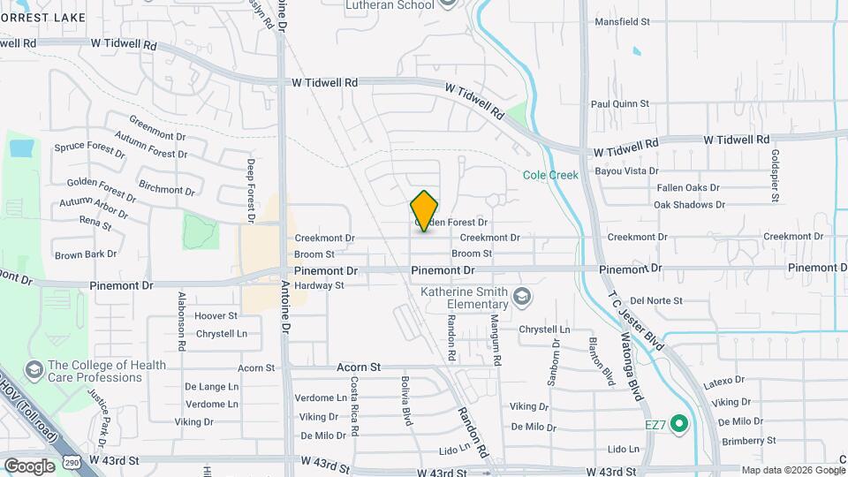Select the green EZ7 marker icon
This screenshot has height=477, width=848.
[678, 425]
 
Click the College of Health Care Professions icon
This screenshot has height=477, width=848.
[34, 367]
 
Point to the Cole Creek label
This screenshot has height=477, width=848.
[549, 175]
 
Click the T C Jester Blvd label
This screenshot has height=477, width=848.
[633, 321]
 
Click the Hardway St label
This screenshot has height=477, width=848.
[319, 285]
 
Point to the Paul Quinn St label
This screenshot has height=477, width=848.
[620, 103]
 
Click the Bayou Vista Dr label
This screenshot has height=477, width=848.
[626, 170]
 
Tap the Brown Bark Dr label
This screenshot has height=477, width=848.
[86, 254]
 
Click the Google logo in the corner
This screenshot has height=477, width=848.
[29, 466]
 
